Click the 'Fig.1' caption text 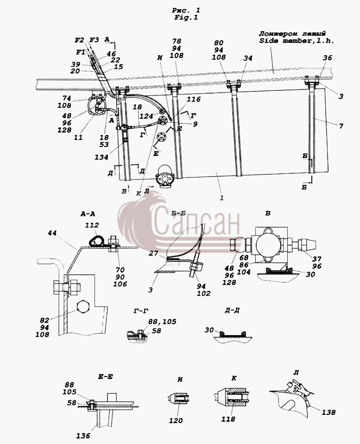tap(186, 18)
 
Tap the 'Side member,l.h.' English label tap(297, 41)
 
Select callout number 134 tap(101, 157)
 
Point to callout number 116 tap(194, 99)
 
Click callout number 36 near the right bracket tap(328, 57)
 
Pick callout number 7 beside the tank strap tap(341, 126)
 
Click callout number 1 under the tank tap(221, 197)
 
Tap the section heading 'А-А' tap(88, 214)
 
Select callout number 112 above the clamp tap(92, 225)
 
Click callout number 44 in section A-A tap(52, 233)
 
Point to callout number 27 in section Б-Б tap(153, 253)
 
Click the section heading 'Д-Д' tap(232, 311)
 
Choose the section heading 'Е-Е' tap(105, 377)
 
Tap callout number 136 tap(83, 436)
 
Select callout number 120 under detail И tap(176, 421)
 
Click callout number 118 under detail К tap(228, 419)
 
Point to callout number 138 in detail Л tap(328, 412)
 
